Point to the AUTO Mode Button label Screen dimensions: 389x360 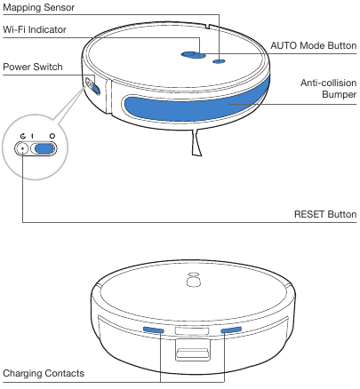(x=313, y=44)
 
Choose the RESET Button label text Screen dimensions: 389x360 (x=324, y=214)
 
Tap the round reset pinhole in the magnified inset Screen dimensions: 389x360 (x=22, y=147)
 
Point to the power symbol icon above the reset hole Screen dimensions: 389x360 (x=22, y=134)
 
